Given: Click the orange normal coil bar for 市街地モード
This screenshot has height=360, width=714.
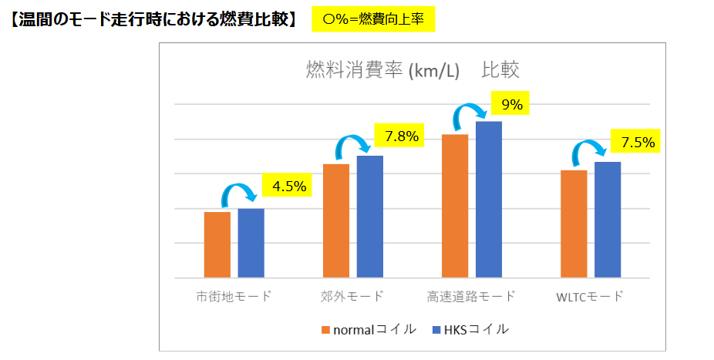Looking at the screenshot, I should pyautogui.click(x=217, y=244).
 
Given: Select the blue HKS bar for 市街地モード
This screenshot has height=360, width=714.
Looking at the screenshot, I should pyautogui.click(x=251, y=243).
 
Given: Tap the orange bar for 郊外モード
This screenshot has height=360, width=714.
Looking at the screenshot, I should pyautogui.click(x=335, y=220).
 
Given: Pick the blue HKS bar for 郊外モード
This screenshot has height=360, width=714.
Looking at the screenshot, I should pyautogui.click(x=369, y=217).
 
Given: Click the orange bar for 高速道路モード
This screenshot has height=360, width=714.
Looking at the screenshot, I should pyautogui.click(x=454, y=206).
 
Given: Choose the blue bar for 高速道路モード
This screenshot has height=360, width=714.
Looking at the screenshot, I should pyautogui.click(x=488, y=199).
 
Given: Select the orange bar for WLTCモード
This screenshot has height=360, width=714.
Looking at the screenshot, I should pyautogui.click(x=573, y=224).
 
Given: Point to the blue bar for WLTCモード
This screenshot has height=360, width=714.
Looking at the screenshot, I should pyautogui.click(x=607, y=220).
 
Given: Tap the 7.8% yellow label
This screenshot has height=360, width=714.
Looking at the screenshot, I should pyautogui.click(x=401, y=137).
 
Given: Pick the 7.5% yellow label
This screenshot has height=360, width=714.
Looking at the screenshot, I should pyautogui.click(x=638, y=142).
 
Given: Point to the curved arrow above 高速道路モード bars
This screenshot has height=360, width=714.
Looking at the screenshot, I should pyautogui.click(x=470, y=114).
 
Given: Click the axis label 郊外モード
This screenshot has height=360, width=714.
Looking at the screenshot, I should pyautogui.click(x=352, y=297).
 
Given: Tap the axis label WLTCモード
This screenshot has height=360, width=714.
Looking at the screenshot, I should pyautogui.click(x=590, y=297).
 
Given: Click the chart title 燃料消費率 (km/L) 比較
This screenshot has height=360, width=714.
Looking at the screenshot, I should pyautogui.click(x=412, y=70).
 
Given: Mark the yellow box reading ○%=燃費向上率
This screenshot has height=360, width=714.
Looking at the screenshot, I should pyautogui.click(x=373, y=19).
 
